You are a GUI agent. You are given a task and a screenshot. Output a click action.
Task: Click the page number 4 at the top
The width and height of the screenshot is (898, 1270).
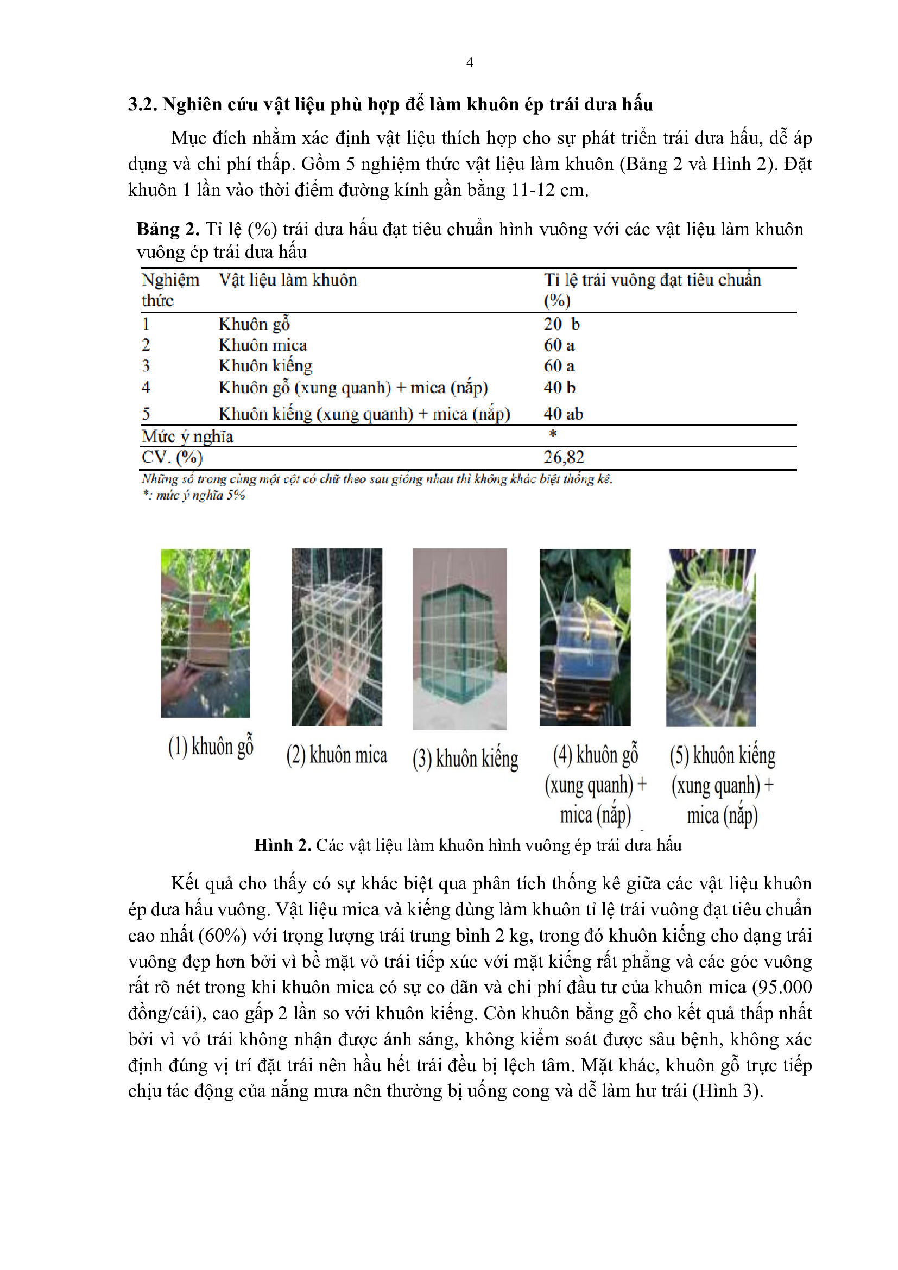click(470, 62)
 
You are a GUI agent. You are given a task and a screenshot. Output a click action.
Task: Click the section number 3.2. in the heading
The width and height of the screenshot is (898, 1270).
click(143, 105)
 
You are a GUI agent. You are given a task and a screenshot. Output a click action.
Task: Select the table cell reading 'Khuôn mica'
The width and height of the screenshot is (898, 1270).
click(263, 345)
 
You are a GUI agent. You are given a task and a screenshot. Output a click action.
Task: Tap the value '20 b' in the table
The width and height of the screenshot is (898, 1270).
click(561, 324)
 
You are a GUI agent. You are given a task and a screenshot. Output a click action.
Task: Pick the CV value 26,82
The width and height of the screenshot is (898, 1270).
click(564, 457)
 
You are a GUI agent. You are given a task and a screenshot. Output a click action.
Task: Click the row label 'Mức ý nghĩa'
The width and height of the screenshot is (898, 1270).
click(187, 437)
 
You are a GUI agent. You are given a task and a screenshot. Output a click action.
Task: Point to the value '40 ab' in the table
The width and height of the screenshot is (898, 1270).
click(563, 413)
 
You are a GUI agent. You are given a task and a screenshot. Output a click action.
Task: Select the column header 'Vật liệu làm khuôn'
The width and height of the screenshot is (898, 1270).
click(288, 280)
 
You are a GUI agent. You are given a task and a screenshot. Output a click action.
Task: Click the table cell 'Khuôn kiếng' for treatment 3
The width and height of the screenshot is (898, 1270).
click(265, 366)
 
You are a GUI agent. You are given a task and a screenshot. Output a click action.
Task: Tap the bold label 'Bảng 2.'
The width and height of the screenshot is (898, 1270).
click(168, 229)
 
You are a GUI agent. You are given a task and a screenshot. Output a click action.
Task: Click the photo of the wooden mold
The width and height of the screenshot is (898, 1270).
click(205, 633)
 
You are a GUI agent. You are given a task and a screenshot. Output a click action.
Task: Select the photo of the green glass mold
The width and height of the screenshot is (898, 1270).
click(459, 639)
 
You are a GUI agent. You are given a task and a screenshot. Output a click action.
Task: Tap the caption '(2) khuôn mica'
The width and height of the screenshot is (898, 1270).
click(336, 755)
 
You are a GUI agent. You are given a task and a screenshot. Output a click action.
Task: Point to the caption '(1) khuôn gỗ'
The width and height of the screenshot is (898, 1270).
click(211, 747)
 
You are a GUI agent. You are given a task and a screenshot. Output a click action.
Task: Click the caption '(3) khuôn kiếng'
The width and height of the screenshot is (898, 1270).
click(465, 759)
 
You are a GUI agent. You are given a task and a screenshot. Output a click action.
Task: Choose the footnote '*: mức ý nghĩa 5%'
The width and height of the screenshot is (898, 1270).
click(193, 495)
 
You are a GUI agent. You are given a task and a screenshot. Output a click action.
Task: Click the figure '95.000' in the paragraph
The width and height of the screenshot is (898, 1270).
click(784, 987)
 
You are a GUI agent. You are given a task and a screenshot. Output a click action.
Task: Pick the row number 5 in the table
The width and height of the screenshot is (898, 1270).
click(146, 413)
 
